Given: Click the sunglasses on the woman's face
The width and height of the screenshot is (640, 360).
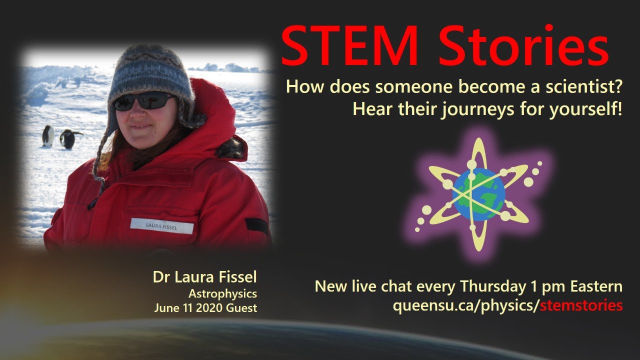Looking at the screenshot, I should tap(143, 101).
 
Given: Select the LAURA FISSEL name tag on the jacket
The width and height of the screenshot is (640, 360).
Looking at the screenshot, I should tap(161, 226).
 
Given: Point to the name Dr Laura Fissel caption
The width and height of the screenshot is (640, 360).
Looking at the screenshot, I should tap(205, 277).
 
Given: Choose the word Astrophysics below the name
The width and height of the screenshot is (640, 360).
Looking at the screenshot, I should tap(222, 294).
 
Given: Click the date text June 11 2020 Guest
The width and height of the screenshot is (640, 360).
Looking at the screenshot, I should tap(205, 308).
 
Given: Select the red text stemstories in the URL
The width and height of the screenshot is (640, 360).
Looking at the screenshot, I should tap(581, 305).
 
